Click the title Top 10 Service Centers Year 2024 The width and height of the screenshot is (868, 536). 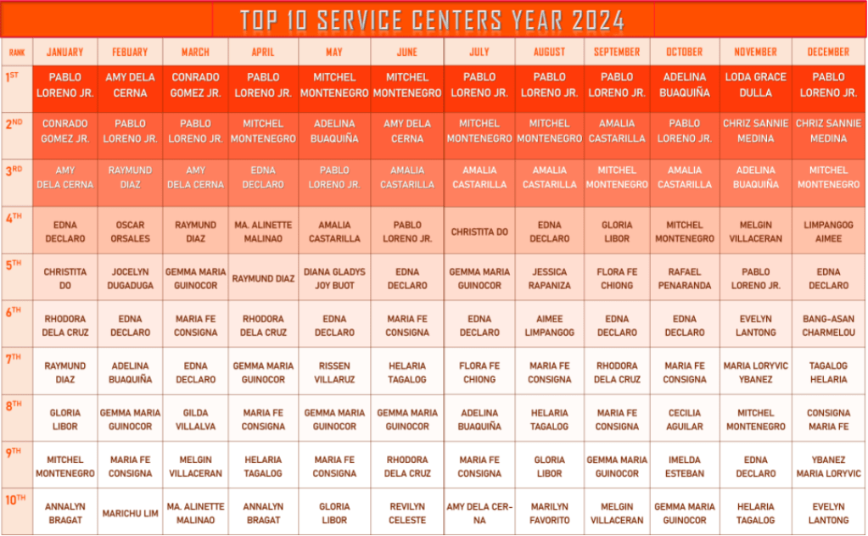432,20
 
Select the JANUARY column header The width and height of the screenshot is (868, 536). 64,52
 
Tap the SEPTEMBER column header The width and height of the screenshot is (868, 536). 617,52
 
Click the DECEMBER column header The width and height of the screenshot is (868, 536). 828,52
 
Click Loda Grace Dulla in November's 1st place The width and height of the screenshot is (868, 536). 755,85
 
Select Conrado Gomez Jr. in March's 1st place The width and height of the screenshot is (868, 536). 196,85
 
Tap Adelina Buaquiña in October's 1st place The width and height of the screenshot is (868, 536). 685,85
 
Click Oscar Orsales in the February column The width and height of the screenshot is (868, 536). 130,232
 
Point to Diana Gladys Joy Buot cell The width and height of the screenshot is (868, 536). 334,278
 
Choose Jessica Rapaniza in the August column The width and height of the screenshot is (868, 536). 550,278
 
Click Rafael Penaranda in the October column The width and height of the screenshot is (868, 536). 685,278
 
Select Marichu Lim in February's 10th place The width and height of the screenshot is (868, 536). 130,513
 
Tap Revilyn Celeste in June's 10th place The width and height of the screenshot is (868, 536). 407,513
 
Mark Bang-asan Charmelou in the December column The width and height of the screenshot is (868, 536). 828,326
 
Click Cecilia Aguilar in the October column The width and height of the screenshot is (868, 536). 685,420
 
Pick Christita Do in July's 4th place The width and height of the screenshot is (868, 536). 479,232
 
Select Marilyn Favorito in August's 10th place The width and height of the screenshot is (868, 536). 550,513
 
